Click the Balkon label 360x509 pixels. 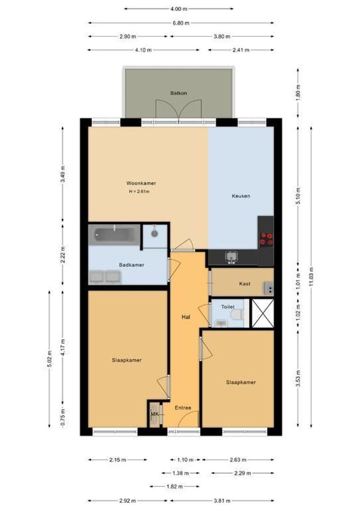point(179,93)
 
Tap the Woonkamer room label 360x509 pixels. point(141,183)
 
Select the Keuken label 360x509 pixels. point(241,196)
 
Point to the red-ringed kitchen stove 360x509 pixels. point(266,239)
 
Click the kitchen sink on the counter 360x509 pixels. point(231,257)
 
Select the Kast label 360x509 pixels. point(245,284)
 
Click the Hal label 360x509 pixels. point(186,317)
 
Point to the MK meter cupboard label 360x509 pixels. point(155,414)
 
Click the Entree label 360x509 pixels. point(183,408)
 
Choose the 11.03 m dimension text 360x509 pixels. point(311,277)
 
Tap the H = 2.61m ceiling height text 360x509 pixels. point(139,191)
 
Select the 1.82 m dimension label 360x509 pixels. point(174,486)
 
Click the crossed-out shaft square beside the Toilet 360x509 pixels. point(263,313)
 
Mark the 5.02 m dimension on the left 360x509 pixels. point(49,359)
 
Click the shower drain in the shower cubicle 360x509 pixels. point(155,233)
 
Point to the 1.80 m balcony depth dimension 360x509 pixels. point(298,92)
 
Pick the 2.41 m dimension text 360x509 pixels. point(240,50)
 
